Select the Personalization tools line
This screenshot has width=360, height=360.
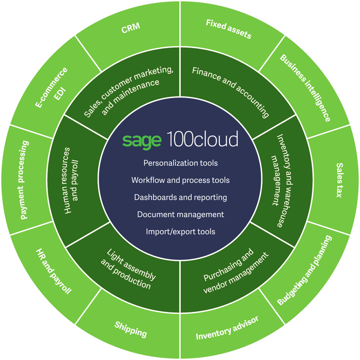tap(180, 163)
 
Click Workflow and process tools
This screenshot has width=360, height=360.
tap(180, 180)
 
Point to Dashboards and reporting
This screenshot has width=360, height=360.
tap(180, 197)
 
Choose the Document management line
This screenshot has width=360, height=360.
tap(180, 214)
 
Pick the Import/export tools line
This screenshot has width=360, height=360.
tap(180, 232)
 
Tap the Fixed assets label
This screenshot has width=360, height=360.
tap(228, 29)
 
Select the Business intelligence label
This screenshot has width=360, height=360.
tap(305, 88)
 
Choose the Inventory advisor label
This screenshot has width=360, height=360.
tap(227, 328)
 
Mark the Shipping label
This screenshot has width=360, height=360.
tap(131, 328)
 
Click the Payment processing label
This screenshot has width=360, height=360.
tap(25, 180)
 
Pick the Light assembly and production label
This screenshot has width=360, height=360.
tap(128, 269)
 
